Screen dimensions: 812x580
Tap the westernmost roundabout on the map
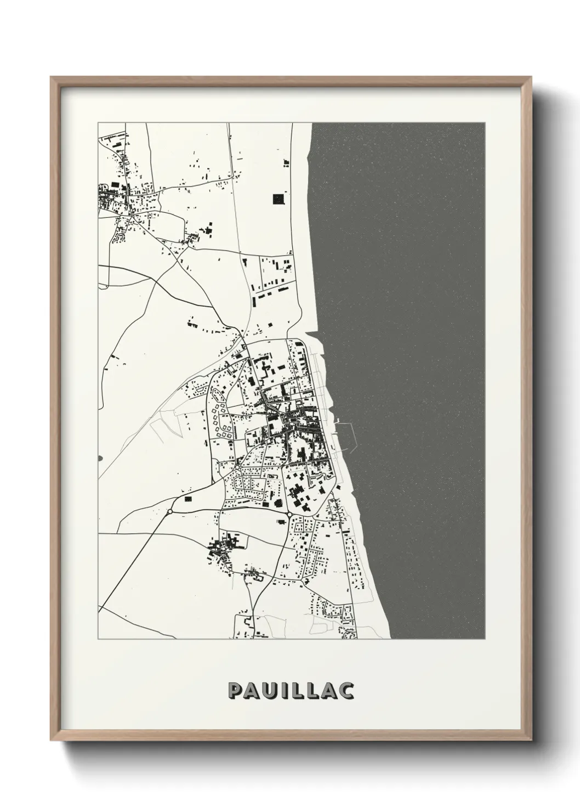(170, 511)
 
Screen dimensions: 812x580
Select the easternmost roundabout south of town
(289, 514)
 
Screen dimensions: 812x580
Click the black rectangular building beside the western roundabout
(189, 499)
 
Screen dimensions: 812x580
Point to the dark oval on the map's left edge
(99, 457)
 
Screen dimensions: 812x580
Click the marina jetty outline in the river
(351, 433)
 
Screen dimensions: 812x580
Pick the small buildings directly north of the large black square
(285, 161)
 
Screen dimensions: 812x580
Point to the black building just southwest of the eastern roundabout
(278, 503)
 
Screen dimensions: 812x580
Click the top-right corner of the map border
(485, 122)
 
